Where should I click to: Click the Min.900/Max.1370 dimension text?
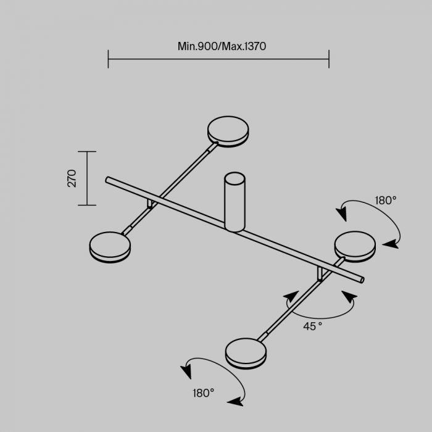pyautogui.click(x=222, y=46)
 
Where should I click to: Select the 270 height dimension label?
pyautogui.click(x=72, y=178)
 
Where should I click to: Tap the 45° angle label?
pyautogui.click(x=313, y=326)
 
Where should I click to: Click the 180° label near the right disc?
pyautogui.click(x=386, y=201)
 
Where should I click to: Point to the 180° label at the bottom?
pyautogui.click(x=204, y=393)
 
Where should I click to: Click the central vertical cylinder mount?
pyautogui.click(x=235, y=202)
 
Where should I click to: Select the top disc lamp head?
pyautogui.click(x=228, y=131)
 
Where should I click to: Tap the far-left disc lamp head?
pyautogui.click(x=110, y=247)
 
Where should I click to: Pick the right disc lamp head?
pyautogui.click(x=355, y=246)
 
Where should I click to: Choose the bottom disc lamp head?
pyautogui.click(x=246, y=354)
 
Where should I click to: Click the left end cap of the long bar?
pyautogui.click(x=107, y=180)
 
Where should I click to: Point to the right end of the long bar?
pyautogui.click(x=362, y=280)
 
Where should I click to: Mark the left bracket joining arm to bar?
pyautogui.click(x=150, y=204)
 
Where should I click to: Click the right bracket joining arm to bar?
pyautogui.click(x=320, y=274)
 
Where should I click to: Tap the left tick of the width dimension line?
pyautogui.click(x=108, y=59)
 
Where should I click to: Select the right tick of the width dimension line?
pyautogui.click(x=329, y=59)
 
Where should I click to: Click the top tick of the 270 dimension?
pyautogui.click(x=87, y=152)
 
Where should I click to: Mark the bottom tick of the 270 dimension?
pyautogui.click(x=87, y=205)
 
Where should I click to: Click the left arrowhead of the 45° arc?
pyautogui.click(x=291, y=296)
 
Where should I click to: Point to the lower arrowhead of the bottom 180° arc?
pyautogui.click(x=235, y=402)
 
